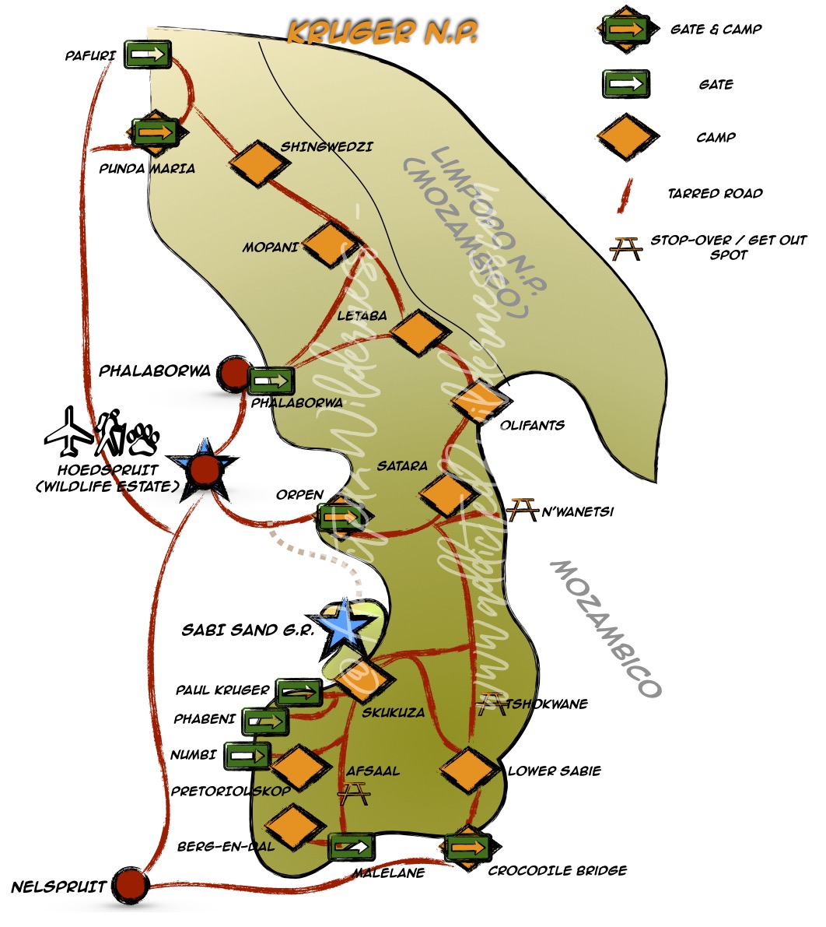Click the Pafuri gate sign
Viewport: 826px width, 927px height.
coord(147,54)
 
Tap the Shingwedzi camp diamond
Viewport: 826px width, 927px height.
coord(254,163)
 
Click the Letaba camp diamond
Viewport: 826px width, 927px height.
coord(421,333)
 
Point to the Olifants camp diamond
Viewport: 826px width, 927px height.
coord(482,402)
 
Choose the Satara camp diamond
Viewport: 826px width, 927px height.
coord(446,494)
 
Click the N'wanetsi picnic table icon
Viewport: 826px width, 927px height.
coord(522,510)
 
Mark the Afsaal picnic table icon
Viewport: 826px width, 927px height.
coord(354,793)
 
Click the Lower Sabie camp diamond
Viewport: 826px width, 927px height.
coord(469,770)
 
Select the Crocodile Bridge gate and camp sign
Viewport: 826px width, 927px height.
coord(467,847)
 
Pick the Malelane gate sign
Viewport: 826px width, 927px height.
coord(351,846)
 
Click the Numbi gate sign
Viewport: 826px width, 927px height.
coord(247,754)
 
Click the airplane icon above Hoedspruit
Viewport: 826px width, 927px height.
coord(68,430)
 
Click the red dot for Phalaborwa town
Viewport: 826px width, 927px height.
coord(232,374)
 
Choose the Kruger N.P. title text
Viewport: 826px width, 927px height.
coord(381,32)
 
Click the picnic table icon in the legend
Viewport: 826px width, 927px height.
coord(625,248)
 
